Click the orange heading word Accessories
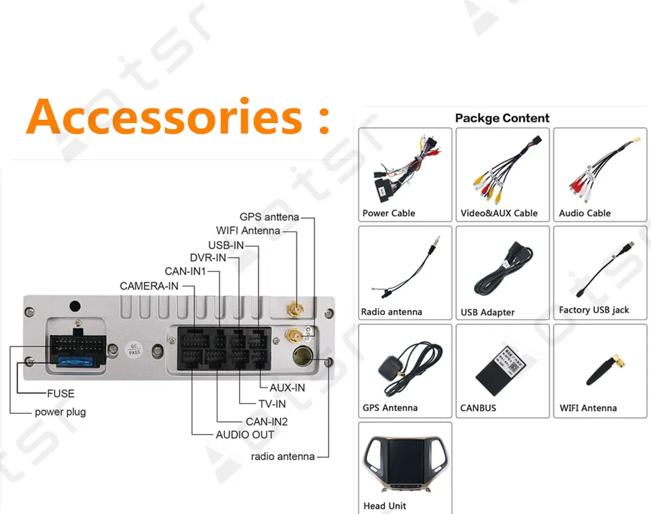165,117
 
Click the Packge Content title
502,118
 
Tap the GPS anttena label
269,217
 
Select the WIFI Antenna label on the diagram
248,231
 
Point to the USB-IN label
226,245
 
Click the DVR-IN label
208,258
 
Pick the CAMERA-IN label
149,286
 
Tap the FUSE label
61,394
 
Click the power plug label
61,412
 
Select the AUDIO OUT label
245,435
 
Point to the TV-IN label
272,404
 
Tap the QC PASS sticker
134,349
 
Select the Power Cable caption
389,213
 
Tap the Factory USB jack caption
594,310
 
